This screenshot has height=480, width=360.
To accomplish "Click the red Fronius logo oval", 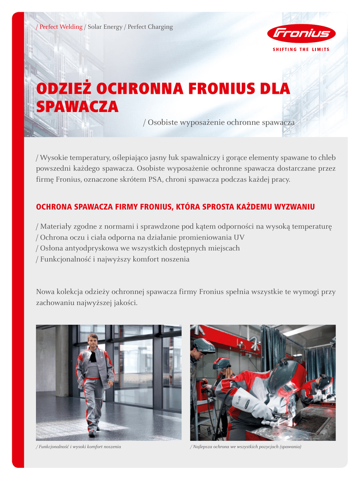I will [301, 34].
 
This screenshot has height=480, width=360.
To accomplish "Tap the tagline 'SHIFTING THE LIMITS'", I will [301, 49].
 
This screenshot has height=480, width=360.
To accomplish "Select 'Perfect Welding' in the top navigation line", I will [61, 27].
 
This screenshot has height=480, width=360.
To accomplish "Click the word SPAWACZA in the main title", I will [77, 107].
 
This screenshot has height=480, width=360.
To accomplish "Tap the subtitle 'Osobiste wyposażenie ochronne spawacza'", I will [221, 122].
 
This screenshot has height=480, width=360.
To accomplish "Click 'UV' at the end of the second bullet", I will [239, 237].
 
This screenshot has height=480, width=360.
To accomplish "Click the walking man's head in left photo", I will [93, 340].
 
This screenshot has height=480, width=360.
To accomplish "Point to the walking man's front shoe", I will [92, 434].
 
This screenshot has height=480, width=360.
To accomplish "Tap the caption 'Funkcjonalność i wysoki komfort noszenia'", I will [79, 447].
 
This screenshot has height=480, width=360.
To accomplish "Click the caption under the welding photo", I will [246, 447].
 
